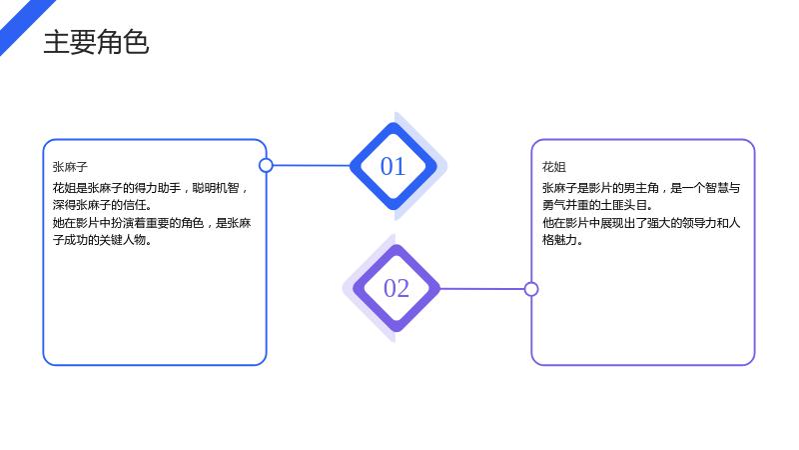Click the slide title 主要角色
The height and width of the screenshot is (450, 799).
(96, 42)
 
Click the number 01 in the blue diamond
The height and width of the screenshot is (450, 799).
(393, 166)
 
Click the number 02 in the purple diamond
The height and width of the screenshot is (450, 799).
(397, 288)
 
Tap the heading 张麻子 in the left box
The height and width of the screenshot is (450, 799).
(70, 167)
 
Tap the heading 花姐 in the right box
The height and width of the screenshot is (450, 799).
(554, 167)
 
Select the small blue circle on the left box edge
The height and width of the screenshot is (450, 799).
(266, 165)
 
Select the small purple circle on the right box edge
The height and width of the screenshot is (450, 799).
(531, 289)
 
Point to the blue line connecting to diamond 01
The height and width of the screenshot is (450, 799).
(312, 165)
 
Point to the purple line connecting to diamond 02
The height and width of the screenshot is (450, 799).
(481, 289)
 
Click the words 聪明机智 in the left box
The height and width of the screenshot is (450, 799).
(216, 188)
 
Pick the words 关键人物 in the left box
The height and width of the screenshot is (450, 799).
(122, 240)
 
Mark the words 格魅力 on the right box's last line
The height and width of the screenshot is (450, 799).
(559, 240)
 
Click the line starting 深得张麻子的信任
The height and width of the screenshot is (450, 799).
(103, 205)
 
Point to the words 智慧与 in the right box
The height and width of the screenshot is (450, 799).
(722, 188)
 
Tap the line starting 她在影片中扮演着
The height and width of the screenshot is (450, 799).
(152, 223)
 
